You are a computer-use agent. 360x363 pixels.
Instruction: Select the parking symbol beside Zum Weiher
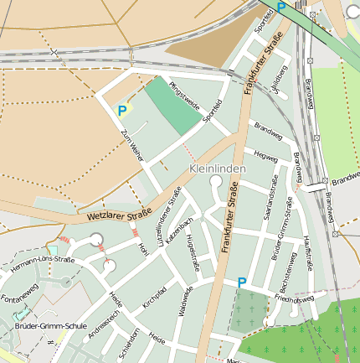pyautogui.click(x=122, y=110)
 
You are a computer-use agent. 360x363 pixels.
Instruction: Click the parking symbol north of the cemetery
pyautogui.click(x=242, y=283)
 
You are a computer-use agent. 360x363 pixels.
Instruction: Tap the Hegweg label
pyautogui.click(x=265, y=156)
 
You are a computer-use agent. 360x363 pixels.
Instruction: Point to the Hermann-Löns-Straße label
pyautogui.click(x=43, y=266)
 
